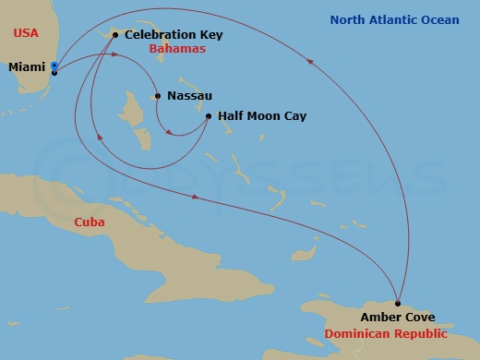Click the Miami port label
click(x=28, y=67)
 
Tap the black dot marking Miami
click(x=54, y=72)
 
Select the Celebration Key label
click(x=174, y=35)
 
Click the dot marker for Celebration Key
click(x=115, y=35)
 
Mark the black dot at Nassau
click(x=159, y=95)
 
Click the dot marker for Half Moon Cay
click(x=209, y=116)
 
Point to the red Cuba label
click(x=90, y=222)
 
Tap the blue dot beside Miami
click(x=54, y=66)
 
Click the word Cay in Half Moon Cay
click(x=294, y=116)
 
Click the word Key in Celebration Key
click(x=210, y=35)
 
